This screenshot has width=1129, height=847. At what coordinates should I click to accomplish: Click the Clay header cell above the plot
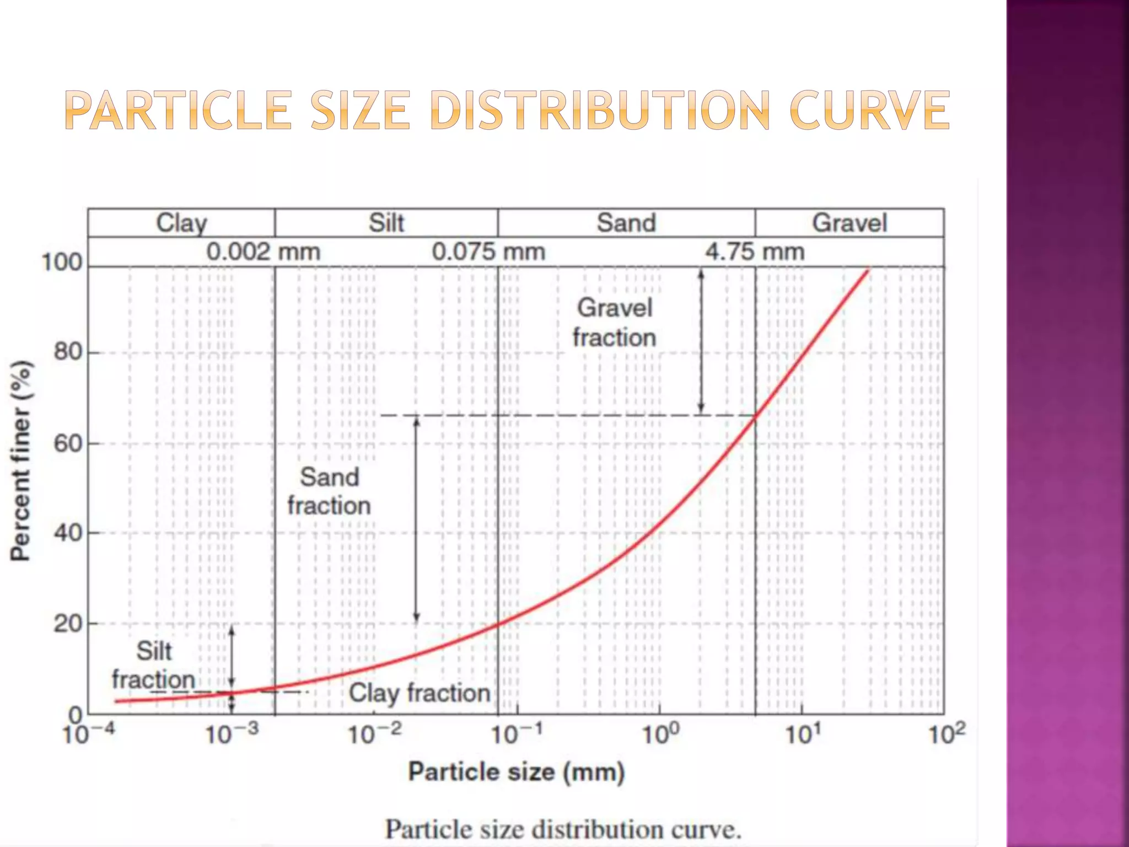click(x=181, y=223)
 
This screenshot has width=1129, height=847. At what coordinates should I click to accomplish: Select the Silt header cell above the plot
click(x=386, y=223)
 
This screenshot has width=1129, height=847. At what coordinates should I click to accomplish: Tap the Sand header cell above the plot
click(x=626, y=223)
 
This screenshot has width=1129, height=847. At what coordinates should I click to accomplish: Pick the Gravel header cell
click(x=849, y=223)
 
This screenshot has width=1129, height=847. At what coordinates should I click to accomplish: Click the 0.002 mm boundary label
click(x=263, y=252)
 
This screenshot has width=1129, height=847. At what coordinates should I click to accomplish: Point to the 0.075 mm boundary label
click(x=488, y=252)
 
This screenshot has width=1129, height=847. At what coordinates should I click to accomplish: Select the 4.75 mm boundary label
click(x=754, y=252)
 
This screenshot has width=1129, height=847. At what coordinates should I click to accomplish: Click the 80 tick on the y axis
click(x=68, y=352)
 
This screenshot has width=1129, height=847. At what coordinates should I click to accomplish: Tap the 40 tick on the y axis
click(x=68, y=533)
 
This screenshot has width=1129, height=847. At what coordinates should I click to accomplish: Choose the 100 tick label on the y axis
click(x=62, y=262)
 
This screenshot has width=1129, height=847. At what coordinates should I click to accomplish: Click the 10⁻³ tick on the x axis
click(x=231, y=733)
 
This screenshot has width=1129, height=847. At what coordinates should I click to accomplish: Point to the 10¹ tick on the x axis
click(x=803, y=733)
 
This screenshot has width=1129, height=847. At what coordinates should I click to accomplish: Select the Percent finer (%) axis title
click(x=20, y=460)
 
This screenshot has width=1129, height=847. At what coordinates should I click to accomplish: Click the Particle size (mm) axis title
click(x=516, y=771)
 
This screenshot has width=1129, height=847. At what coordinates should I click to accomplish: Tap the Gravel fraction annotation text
click(x=614, y=323)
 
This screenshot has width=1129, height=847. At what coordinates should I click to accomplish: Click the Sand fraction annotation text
click(x=329, y=491)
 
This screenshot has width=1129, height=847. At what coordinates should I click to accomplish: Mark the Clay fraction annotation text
click(x=419, y=693)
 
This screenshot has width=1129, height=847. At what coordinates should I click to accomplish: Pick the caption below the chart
click(x=563, y=829)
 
